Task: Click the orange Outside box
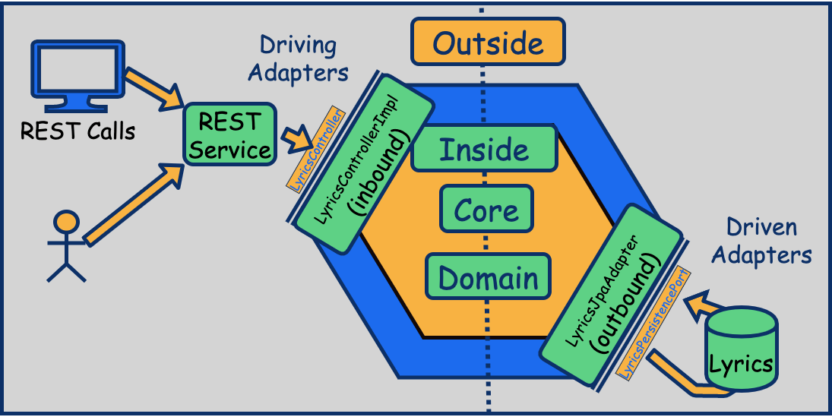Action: pos(488,42)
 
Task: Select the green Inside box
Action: pos(483,149)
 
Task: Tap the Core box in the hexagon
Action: pos(486,210)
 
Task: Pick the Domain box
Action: pos(487,278)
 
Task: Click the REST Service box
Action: pos(229,134)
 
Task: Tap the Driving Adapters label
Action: pos(298,58)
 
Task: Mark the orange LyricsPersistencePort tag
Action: pos(654,323)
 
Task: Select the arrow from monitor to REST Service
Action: pos(153,86)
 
